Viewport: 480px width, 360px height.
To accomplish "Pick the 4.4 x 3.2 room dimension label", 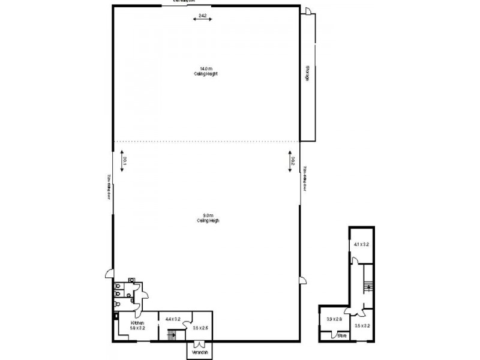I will click(173, 319).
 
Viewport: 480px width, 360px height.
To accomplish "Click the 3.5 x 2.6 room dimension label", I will click(200, 328).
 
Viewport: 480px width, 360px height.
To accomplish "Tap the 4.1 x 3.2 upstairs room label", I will click(362, 244).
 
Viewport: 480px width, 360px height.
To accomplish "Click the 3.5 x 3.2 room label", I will click(362, 326).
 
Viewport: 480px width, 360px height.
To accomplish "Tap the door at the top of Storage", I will click(305, 11).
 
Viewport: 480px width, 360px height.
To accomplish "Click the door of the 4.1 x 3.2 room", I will click(355, 260).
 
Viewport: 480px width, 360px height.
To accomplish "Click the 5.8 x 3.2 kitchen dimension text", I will click(138, 328).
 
